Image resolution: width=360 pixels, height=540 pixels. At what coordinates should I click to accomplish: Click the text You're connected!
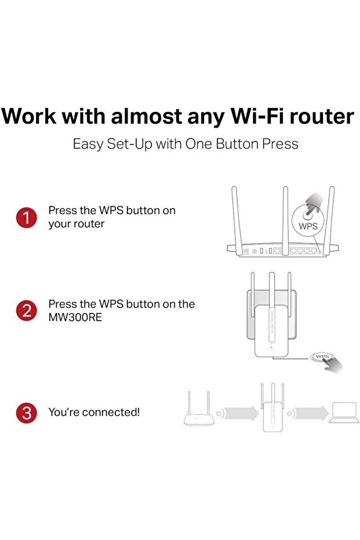coord(94,413)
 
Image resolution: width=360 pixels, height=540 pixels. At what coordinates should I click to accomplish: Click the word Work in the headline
coord(28,116)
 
